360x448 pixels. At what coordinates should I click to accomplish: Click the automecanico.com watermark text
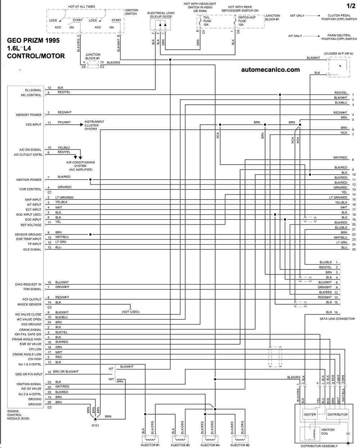pos(270,70)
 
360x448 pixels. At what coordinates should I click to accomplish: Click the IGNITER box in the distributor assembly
pos(310,414)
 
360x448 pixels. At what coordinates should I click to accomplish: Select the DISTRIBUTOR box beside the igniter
pos(337,414)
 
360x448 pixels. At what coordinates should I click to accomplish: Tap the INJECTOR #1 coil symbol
pos(150,439)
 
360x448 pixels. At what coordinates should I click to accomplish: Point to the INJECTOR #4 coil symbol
pos(210,439)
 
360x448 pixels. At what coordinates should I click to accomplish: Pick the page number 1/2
pos(351,5)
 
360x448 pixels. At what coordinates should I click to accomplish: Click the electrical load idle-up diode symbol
pos(160,25)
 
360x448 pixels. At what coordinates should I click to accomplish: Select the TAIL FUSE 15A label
pos(207,21)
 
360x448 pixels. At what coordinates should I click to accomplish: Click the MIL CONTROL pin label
pos(31,95)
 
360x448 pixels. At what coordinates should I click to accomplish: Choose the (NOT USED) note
pos(130,312)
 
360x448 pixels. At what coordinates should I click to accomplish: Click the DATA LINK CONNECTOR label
pos(337,319)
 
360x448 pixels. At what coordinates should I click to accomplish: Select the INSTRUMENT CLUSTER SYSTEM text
pos(94,125)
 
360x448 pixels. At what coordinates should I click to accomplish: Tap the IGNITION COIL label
pos(328,431)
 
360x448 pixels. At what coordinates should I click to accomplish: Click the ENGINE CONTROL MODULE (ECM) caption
pos(18,415)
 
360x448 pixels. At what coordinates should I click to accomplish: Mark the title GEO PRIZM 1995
pos(33,41)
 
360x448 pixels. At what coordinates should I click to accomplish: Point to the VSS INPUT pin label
pos(33,125)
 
